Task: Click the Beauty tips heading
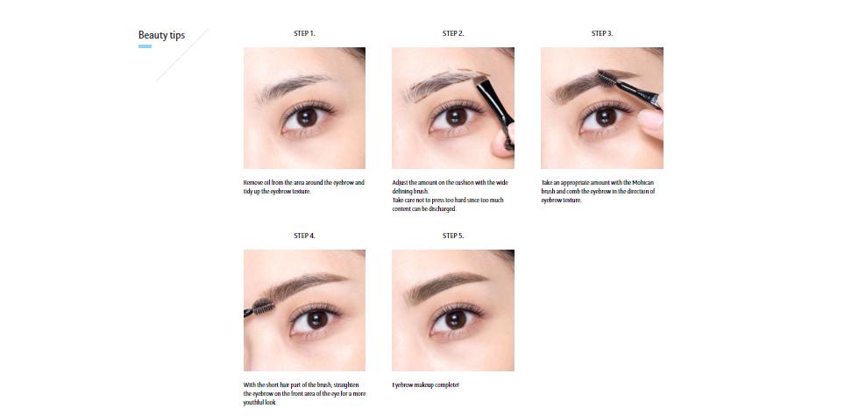click(x=161, y=35)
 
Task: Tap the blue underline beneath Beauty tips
click(x=145, y=46)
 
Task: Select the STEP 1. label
click(x=304, y=33)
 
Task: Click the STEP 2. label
click(x=453, y=33)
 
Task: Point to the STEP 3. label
click(x=602, y=33)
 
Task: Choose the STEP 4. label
click(x=304, y=236)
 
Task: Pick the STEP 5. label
click(x=453, y=236)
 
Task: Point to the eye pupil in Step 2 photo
click(x=454, y=116)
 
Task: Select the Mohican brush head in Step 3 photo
click(x=631, y=83)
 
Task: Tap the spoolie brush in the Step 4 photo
click(x=260, y=307)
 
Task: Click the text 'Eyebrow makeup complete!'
click(x=425, y=385)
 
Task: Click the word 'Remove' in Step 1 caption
click(x=251, y=182)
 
